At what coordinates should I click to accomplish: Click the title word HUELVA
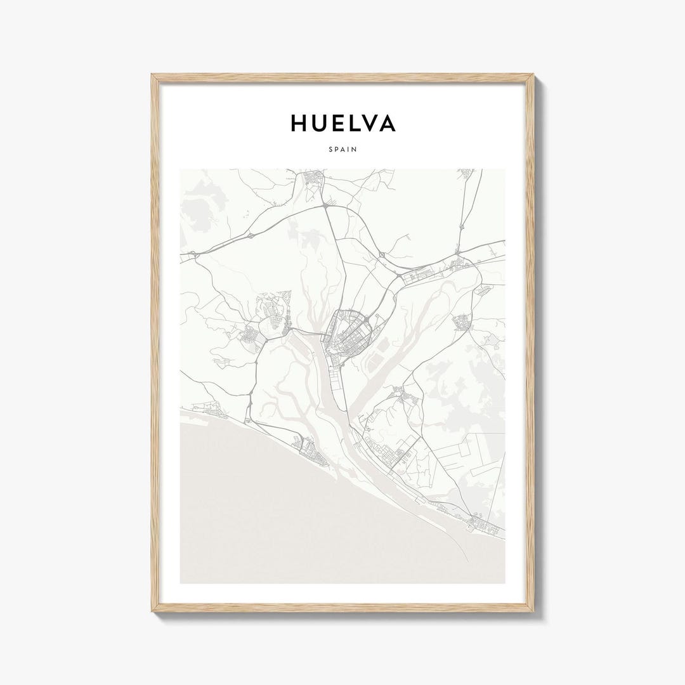coord(342,123)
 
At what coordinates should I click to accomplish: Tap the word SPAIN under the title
coord(342,150)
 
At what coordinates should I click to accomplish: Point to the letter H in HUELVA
coord(299,123)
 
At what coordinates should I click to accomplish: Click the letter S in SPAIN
coord(331,150)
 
